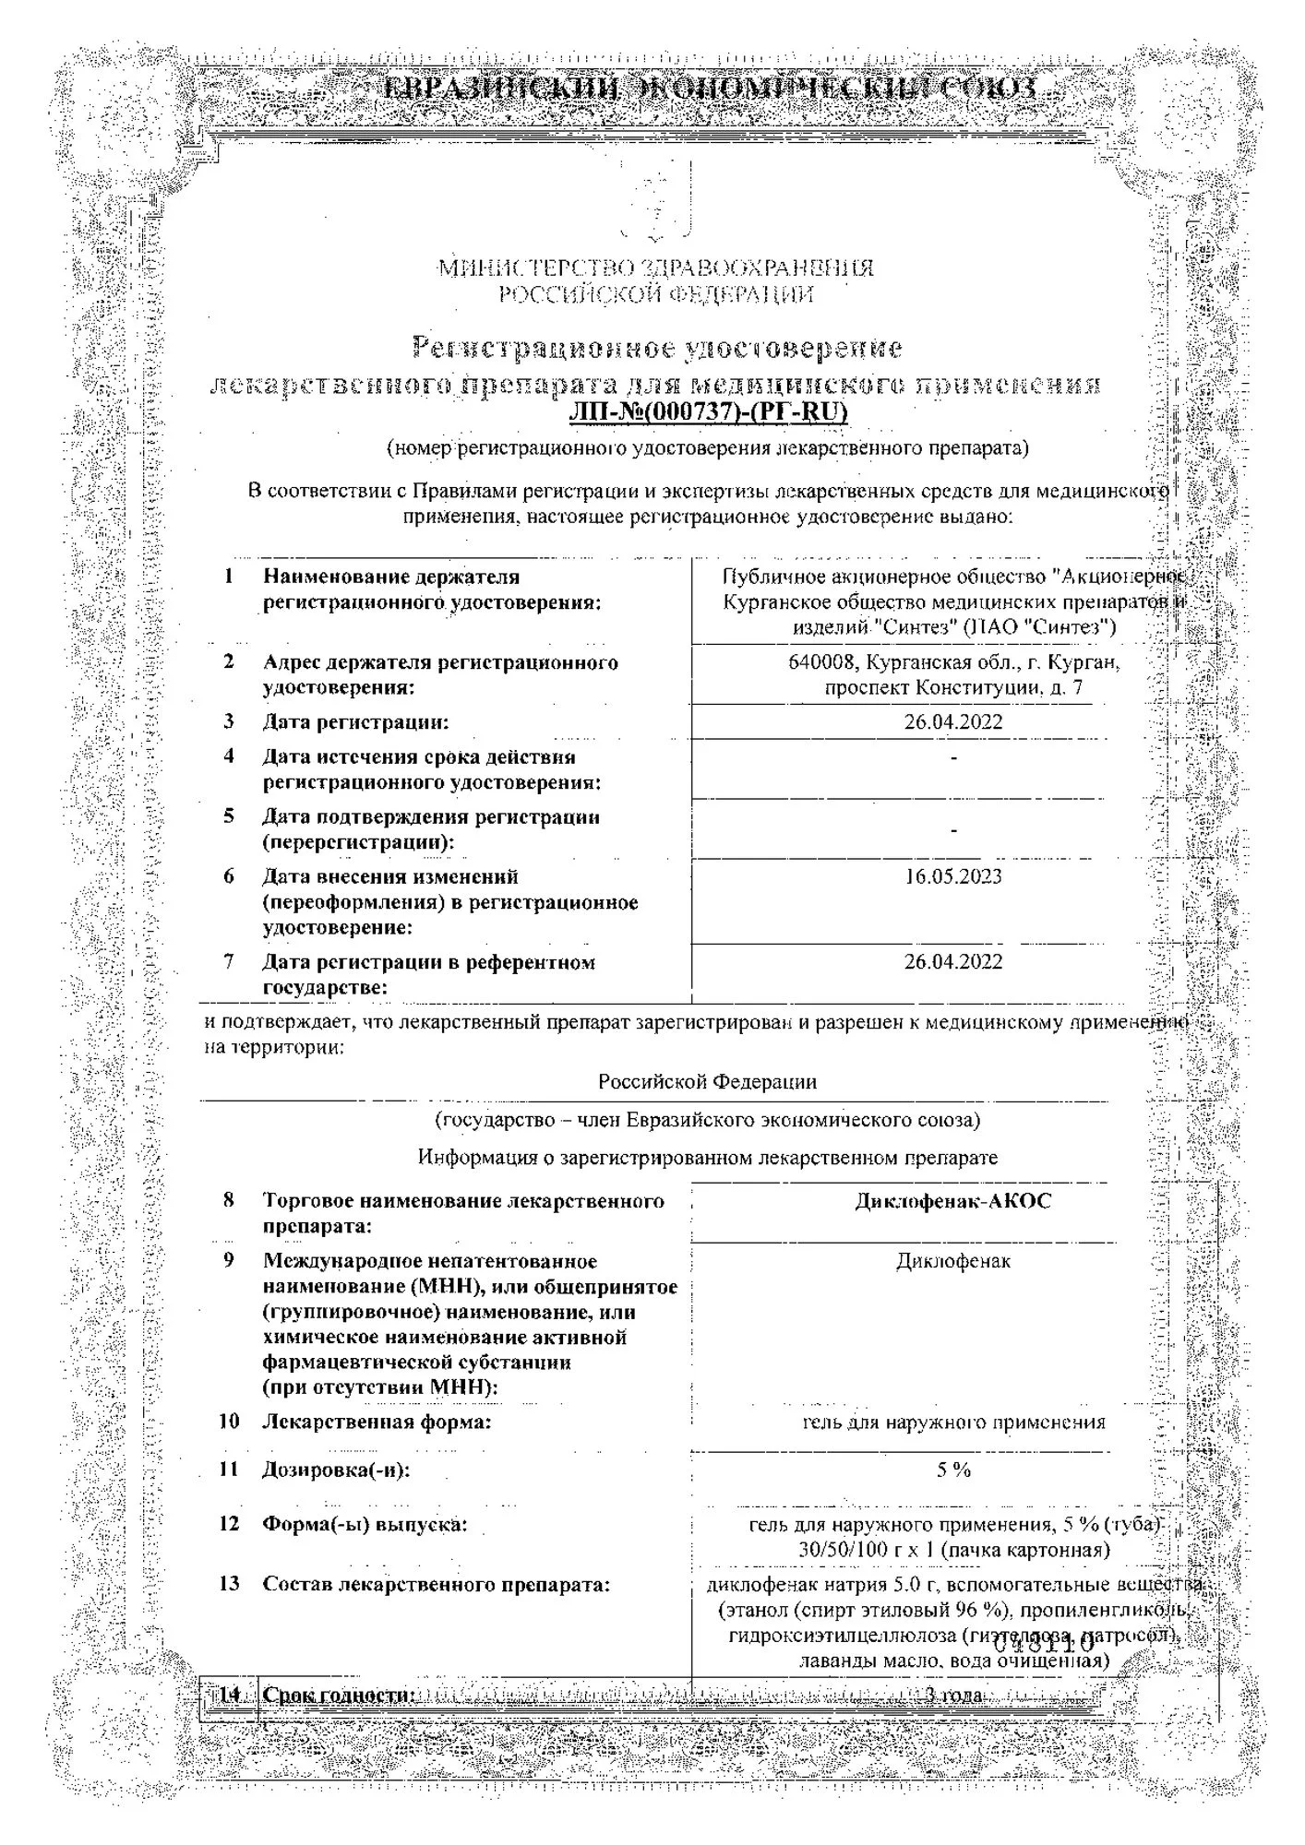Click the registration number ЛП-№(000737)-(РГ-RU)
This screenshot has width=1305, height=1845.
pos(708,411)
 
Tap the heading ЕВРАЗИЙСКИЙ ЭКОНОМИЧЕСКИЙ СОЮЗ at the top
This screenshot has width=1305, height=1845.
pos(708,89)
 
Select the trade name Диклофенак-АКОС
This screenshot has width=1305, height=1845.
pos(952,1200)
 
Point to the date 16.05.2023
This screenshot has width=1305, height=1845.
pos(952,875)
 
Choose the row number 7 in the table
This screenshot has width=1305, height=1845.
pos(228,961)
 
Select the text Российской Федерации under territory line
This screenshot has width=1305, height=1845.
pos(707,1081)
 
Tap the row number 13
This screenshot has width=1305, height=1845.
pos(228,1584)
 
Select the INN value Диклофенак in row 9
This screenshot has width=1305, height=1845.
pos(952,1260)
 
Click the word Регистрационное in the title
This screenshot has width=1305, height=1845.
pos(546,348)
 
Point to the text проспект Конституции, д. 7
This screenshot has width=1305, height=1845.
pos(953,688)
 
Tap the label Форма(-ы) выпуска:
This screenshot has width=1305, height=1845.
pos(365,1524)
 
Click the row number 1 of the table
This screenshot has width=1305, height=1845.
pos(228,577)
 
